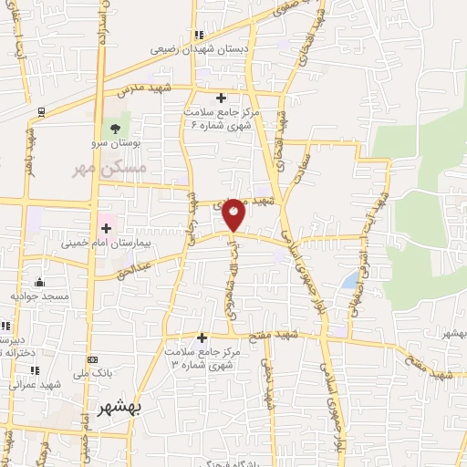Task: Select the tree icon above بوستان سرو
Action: tap(115, 127)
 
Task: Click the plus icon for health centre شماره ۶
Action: tap(221, 98)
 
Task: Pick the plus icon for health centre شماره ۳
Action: tap(202, 337)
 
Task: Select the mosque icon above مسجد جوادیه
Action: tap(38, 282)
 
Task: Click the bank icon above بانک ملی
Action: tap(91, 360)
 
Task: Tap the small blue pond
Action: tap(349, 280)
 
